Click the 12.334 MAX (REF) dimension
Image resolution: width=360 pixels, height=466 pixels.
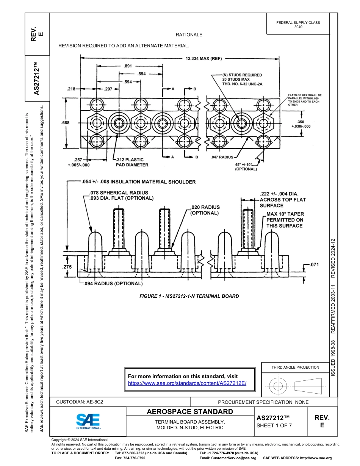pyautogui.click(x=203, y=59)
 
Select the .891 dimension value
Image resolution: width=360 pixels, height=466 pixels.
pyautogui.click(x=128, y=66)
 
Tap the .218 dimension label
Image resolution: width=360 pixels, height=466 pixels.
pyautogui.click(x=71, y=89)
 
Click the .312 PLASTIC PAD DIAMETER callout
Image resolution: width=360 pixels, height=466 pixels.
pyautogui.click(x=132, y=162)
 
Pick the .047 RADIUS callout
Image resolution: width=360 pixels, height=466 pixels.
pyautogui.click(x=222, y=156)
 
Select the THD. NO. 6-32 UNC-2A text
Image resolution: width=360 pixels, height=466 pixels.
pyautogui.click(x=242, y=84)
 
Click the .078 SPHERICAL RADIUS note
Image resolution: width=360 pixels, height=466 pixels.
pyautogui.click(x=118, y=193)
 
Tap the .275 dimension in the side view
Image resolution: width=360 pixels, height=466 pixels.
pyautogui.click(x=67, y=267)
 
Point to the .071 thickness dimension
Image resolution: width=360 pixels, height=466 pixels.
pyautogui.click(x=314, y=265)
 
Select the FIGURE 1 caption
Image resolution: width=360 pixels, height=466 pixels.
pyautogui.click(x=189, y=296)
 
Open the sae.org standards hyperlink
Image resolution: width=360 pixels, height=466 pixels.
pyautogui.click(x=187, y=383)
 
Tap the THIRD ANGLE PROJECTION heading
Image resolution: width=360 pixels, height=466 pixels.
pyautogui.click(x=295, y=367)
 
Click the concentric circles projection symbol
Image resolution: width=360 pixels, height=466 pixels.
pyautogui.click(x=278, y=386)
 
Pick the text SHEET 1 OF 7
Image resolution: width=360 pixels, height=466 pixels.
pyautogui.click(x=274, y=425)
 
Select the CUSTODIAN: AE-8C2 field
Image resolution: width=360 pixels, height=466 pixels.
pyautogui.click(x=80, y=402)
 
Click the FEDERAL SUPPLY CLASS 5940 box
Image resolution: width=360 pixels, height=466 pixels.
pyautogui.click(x=298, y=25)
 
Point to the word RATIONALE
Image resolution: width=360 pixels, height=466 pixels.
pyautogui.click(x=189, y=35)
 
